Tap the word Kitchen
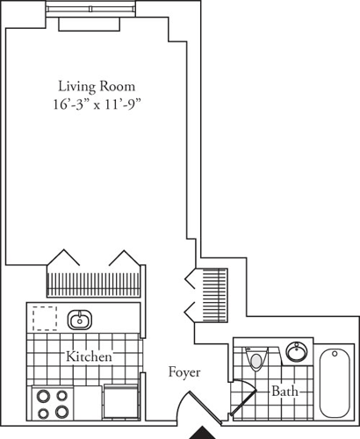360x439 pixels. click(89, 357)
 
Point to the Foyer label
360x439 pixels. click(184, 373)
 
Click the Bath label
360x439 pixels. click(284, 390)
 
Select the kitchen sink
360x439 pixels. click(80, 319)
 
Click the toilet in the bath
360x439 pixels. click(256, 358)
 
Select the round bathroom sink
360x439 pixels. click(297, 352)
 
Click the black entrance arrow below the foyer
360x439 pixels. click(203, 433)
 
